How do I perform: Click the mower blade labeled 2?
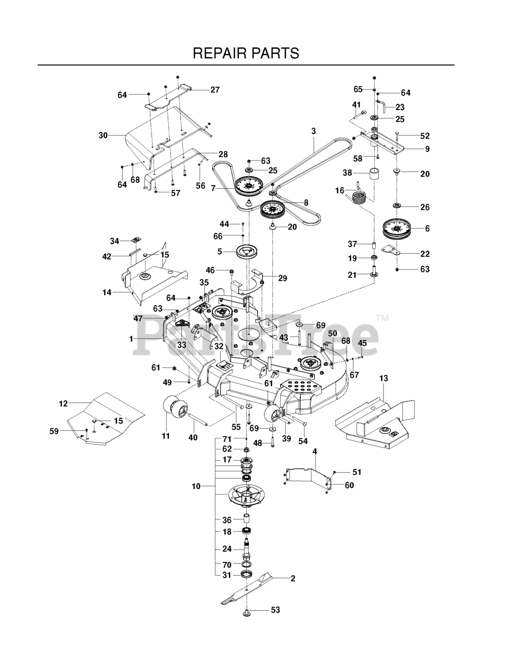pyautogui.click(x=252, y=591)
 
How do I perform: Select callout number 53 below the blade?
pyautogui.click(x=276, y=610)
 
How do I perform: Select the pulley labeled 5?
pyautogui.click(x=245, y=252)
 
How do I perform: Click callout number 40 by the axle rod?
pyautogui.click(x=193, y=437)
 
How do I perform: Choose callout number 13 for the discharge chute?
pyautogui.click(x=384, y=378)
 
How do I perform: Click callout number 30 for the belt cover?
pyautogui.click(x=103, y=135)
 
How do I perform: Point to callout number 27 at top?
pyautogui.click(x=215, y=90)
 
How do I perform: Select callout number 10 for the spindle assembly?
pyautogui.click(x=196, y=486)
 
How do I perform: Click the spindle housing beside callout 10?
pyautogui.click(x=245, y=496)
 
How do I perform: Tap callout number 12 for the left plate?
pyautogui.click(x=63, y=404)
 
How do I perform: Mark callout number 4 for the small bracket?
pyautogui.click(x=314, y=451)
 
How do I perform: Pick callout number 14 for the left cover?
pyautogui.click(x=107, y=293)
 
